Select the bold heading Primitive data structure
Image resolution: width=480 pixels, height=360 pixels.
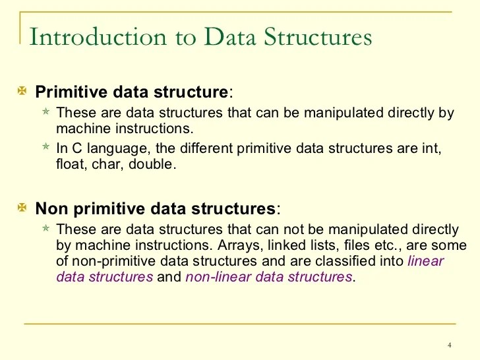pyautogui.click(x=133, y=91)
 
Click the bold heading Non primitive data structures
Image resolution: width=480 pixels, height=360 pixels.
pyautogui.click(x=155, y=209)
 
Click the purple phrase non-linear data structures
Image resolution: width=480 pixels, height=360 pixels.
pyautogui.click(x=269, y=277)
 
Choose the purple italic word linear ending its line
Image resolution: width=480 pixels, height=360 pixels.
pyautogui.click(x=426, y=261)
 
